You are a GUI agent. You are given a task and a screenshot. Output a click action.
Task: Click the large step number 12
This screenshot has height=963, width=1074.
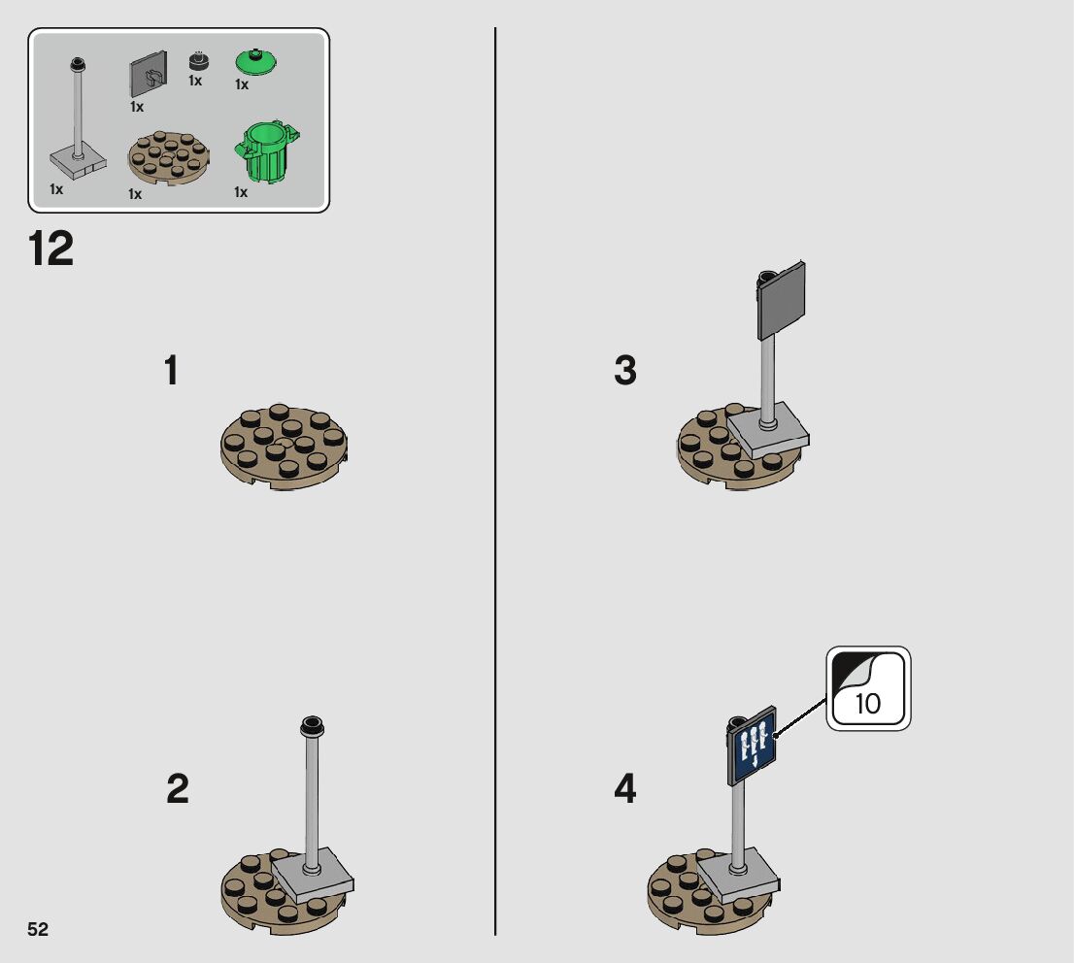pos(50,249)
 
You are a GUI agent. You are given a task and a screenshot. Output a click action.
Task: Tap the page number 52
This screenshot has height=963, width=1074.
pos(38,929)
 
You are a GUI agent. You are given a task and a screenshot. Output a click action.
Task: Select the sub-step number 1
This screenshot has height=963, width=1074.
pos(171,370)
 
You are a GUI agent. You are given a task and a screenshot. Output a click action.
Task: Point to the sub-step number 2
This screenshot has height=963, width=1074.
pos(178,788)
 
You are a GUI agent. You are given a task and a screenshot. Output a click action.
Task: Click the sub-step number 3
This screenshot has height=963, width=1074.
pos(624,370)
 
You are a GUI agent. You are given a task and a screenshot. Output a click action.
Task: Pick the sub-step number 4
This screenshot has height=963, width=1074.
pos(624,788)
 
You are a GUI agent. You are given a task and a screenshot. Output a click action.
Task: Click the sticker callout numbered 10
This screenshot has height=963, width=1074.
pos(868,688)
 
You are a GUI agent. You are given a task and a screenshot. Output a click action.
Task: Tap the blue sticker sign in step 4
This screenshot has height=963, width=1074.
pos(752,746)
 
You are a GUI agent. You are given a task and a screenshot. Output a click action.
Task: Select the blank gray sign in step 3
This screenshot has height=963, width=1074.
pos(782,301)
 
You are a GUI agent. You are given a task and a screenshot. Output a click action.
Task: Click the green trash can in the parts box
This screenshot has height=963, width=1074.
pos(266,151)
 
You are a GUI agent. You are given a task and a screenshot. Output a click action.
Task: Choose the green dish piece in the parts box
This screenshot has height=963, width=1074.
pos(256,61)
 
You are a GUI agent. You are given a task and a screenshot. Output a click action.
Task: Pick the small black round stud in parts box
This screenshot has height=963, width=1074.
pos(199,61)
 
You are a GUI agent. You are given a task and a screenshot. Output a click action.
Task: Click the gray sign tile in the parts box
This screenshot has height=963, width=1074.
pos(148,74)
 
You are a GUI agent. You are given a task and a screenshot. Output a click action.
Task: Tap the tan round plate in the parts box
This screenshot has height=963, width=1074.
pos(169,158)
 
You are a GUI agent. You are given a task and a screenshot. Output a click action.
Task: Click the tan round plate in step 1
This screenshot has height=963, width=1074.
pos(284,447)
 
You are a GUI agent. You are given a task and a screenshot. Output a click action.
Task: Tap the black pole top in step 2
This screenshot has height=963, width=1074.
pos(312,727)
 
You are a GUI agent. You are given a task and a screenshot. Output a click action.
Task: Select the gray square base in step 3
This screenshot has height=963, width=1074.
pos(768,430)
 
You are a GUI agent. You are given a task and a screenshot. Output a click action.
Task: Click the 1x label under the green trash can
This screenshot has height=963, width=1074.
pos(241,192)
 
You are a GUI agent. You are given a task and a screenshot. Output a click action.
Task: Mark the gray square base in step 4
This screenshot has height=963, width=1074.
pos(738,876)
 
